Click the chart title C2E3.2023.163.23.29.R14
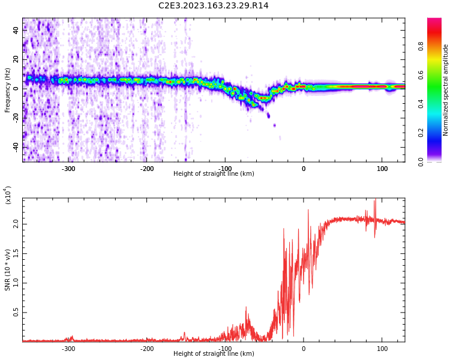coord(213,6)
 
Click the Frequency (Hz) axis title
coord(8,90)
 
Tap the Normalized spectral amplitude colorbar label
coord(446,90)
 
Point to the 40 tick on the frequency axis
coord(16,30)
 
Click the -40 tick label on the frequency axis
coord(15,146)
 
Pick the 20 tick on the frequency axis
coord(16,59)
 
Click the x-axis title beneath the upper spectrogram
coord(214,174)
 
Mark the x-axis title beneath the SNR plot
coord(214,354)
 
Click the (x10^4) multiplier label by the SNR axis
coord(8,196)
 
